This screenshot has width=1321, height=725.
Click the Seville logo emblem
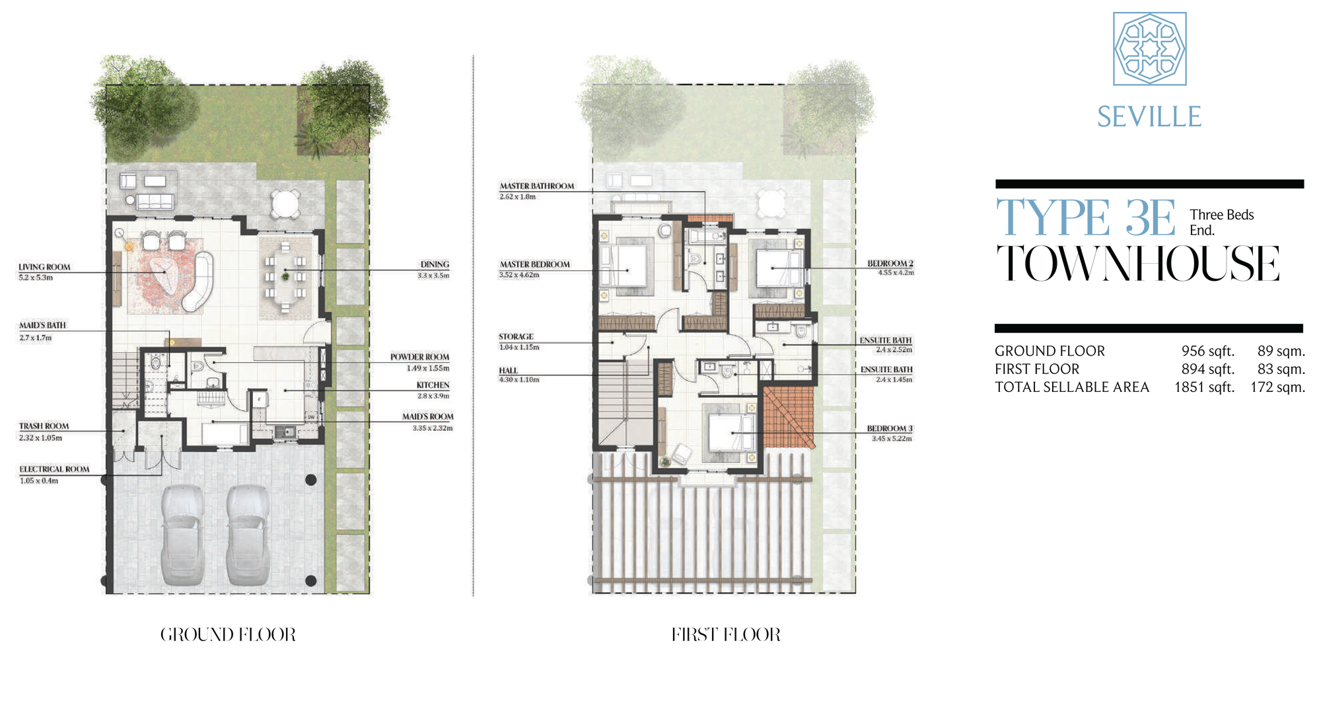(1149, 49)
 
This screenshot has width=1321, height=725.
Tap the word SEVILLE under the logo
(1149, 117)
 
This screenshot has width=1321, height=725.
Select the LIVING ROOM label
(44, 267)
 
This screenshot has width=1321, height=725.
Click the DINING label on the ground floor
(435, 264)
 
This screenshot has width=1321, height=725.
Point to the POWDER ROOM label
(419, 357)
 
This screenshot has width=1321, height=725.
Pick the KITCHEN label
(433, 385)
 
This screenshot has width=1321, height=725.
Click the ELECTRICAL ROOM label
(54, 469)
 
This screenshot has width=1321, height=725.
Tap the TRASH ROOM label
(44, 426)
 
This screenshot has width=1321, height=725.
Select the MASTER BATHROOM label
(536, 186)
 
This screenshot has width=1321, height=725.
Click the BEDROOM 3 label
(889, 429)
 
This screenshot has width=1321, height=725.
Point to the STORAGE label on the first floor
(516, 337)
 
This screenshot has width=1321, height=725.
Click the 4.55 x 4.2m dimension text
(896, 273)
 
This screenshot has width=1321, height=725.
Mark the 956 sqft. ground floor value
(1207, 351)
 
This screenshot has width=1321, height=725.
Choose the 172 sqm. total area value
(1277, 387)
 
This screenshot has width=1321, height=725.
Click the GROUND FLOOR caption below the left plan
(228, 634)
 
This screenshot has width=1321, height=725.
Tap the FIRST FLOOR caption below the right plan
(726, 634)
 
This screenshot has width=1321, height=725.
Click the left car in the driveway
(182, 535)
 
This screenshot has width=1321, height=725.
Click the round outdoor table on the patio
(286, 203)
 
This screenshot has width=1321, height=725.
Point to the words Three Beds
(1221, 215)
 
